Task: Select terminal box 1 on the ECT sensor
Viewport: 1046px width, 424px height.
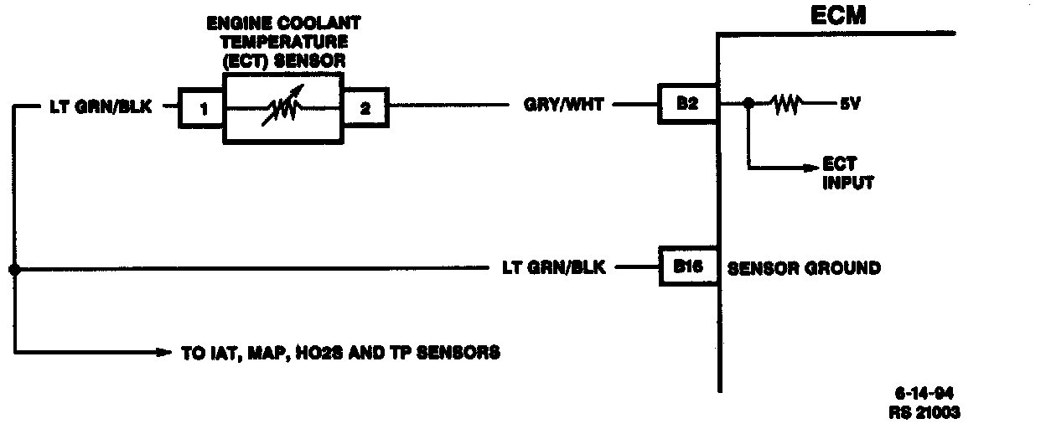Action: click(200, 106)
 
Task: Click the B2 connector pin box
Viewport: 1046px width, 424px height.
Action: click(686, 106)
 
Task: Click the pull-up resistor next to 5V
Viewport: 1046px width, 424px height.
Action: click(786, 105)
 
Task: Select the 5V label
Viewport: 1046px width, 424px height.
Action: click(847, 106)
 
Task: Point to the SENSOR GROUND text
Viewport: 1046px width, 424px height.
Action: click(804, 268)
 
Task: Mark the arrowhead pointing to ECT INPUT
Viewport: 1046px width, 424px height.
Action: click(810, 168)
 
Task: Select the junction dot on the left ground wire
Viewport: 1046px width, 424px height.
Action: click(14, 269)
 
